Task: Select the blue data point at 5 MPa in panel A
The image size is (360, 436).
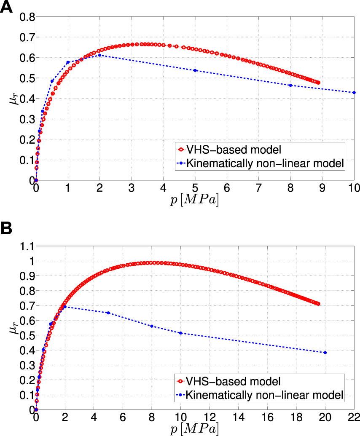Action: coord(195,70)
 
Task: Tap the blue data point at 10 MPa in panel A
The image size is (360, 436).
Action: coord(354,93)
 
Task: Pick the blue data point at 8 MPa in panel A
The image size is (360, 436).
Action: coord(290,86)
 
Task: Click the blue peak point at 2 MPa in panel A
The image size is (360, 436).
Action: coord(99,55)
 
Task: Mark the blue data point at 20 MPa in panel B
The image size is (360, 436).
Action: coord(325,353)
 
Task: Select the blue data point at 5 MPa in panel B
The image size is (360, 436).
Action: coord(108,313)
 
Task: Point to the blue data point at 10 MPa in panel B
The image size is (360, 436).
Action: coord(180,333)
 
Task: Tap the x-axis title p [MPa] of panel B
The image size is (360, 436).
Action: coord(194,429)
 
